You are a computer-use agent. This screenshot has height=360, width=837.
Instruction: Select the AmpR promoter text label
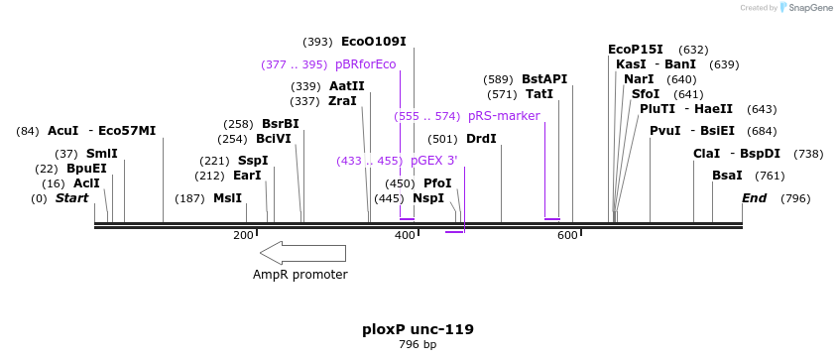click(299, 275)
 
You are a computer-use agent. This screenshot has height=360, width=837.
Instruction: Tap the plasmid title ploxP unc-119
click(418, 329)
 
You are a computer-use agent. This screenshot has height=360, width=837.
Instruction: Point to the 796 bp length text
click(418, 345)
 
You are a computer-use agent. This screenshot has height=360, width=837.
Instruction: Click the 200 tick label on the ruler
click(243, 235)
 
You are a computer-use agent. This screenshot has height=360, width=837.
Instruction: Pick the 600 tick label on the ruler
click(567, 235)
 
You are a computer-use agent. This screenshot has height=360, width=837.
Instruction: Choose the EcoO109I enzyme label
click(373, 42)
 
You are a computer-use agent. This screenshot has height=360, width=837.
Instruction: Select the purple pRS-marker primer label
click(504, 116)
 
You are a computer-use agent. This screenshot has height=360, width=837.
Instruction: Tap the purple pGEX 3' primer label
click(433, 161)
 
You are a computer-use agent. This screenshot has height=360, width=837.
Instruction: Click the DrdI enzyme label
click(481, 139)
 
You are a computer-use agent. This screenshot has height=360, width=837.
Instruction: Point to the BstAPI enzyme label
click(544, 79)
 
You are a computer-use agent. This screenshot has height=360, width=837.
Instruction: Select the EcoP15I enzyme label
click(635, 50)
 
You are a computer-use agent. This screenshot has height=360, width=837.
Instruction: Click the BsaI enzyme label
click(727, 176)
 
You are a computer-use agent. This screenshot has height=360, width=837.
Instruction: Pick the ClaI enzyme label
click(706, 154)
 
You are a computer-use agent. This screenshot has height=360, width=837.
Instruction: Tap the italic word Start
click(71, 198)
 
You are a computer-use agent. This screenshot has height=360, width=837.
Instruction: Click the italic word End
click(755, 198)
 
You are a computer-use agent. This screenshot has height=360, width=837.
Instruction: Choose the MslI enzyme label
click(227, 198)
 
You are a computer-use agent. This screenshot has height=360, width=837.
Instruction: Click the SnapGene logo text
click(811, 8)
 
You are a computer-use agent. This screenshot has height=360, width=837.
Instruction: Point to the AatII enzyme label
click(346, 86)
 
